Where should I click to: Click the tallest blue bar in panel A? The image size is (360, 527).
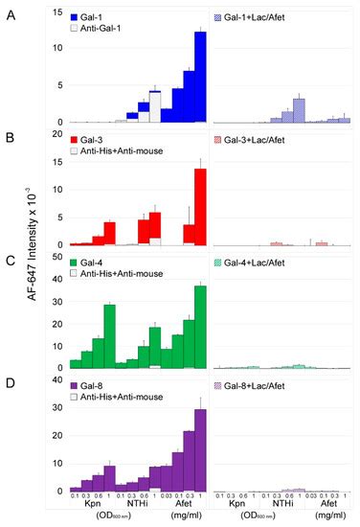200,77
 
